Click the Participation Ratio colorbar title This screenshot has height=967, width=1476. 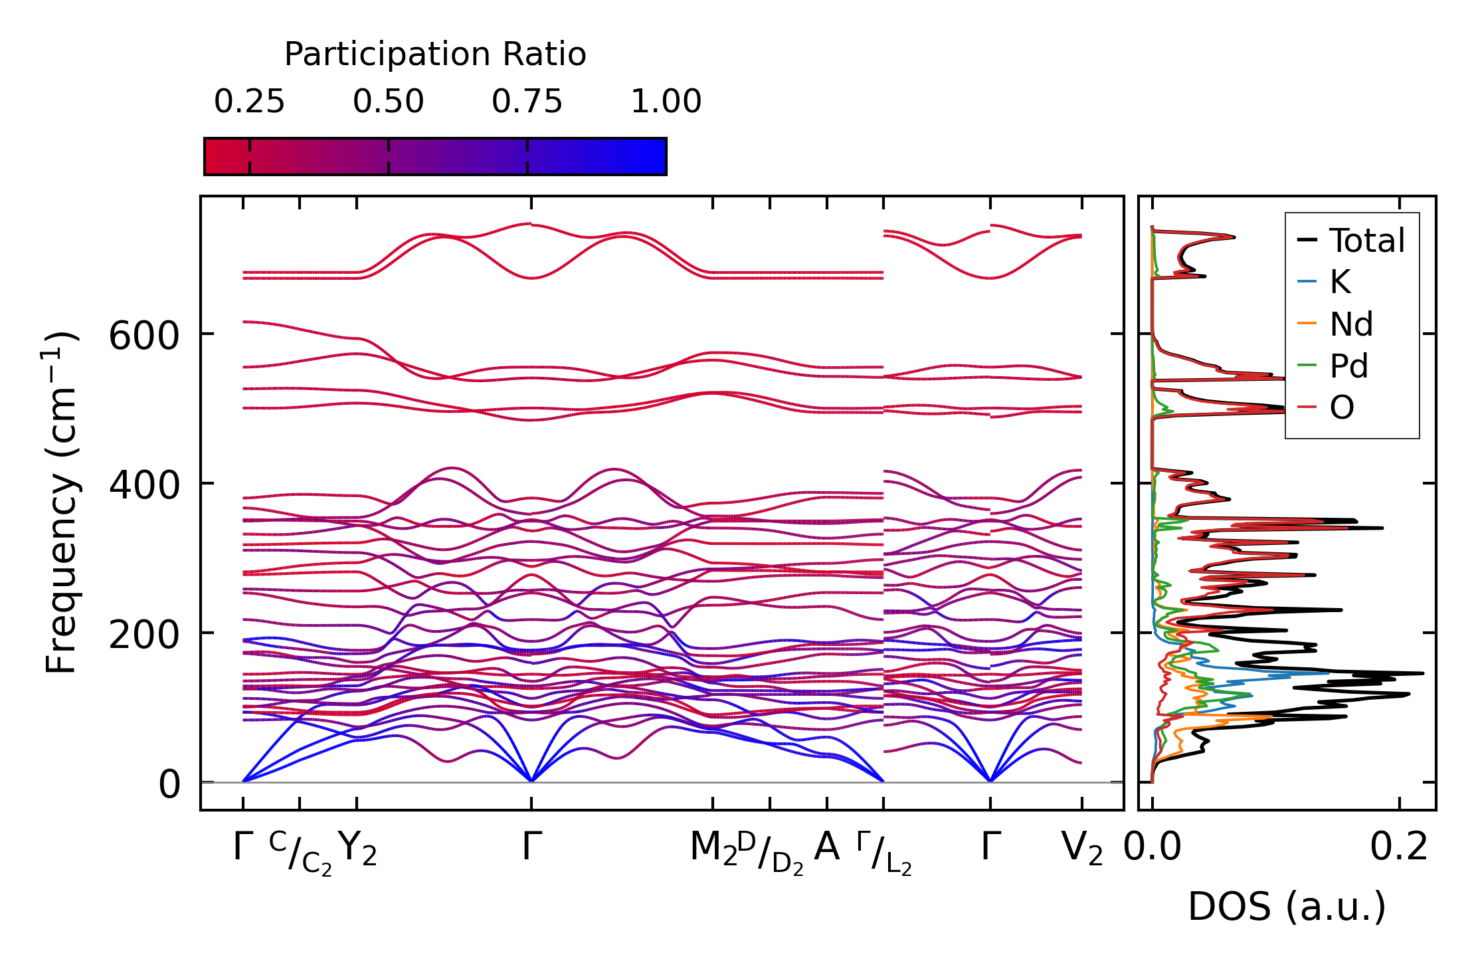pos(435,54)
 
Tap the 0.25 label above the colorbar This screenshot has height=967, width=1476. pos(249,102)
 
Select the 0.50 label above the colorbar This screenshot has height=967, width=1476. pos(388,102)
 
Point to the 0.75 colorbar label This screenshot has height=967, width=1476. pos(527,102)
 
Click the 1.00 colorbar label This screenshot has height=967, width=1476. pos(666,102)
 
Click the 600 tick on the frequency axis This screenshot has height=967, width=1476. pos(144,336)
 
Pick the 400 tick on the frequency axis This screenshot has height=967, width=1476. pos(144,485)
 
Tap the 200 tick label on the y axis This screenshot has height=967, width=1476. pos(144,635)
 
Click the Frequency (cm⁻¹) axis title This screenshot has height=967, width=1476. pos(62,502)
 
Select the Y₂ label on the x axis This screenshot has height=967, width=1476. pos(357,848)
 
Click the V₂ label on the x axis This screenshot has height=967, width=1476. pos(1082,848)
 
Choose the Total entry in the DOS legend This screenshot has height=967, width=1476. pos(1366,241)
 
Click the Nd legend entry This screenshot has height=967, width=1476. pos(1351,324)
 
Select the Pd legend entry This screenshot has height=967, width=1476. pos(1349,366)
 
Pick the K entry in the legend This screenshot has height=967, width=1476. pos(1340,282)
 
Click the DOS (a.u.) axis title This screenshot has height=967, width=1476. pos(1287,907)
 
